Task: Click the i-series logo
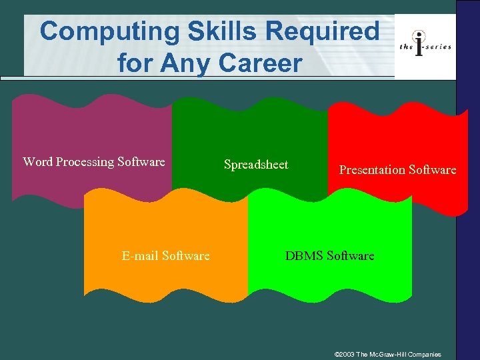pyautogui.click(x=425, y=45)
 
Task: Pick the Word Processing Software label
pyautogui.click(x=94, y=162)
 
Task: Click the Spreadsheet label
pyautogui.click(x=256, y=165)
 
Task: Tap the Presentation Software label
pyautogui.click(x=397, y=170)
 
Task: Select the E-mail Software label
pyautogui.click(x=165, y=256)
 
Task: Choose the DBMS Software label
pyautogui.click(x=330, y=255)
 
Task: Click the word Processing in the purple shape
pyautogui.click(x=85, y=162)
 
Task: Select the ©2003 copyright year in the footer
pyautogui.click(x=344, y=353)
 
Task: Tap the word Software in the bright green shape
pyautogui.click(x=351, y=255)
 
